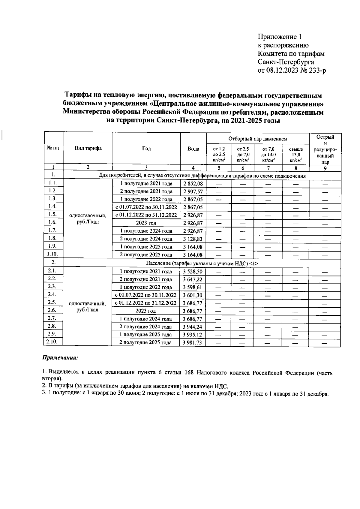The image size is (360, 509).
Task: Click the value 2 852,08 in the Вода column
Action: (193, 184)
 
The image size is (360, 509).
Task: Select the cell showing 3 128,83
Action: (193, 239)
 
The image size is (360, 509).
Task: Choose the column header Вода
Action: (193, 149)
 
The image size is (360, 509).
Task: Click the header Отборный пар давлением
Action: (257, 139)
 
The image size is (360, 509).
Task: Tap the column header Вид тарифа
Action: (88, 148)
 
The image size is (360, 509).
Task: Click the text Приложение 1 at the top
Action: (279, 37)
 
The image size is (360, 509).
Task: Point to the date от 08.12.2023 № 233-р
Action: (291, 71)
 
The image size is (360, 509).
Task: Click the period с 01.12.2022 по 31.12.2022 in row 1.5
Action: (146, 215)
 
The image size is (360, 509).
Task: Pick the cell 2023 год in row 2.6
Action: (146, 311)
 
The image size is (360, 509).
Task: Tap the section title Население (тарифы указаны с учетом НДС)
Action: (202, 263)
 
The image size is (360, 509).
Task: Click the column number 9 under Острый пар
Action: (325, 168)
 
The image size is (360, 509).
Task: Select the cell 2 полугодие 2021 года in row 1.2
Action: (146, 191)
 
